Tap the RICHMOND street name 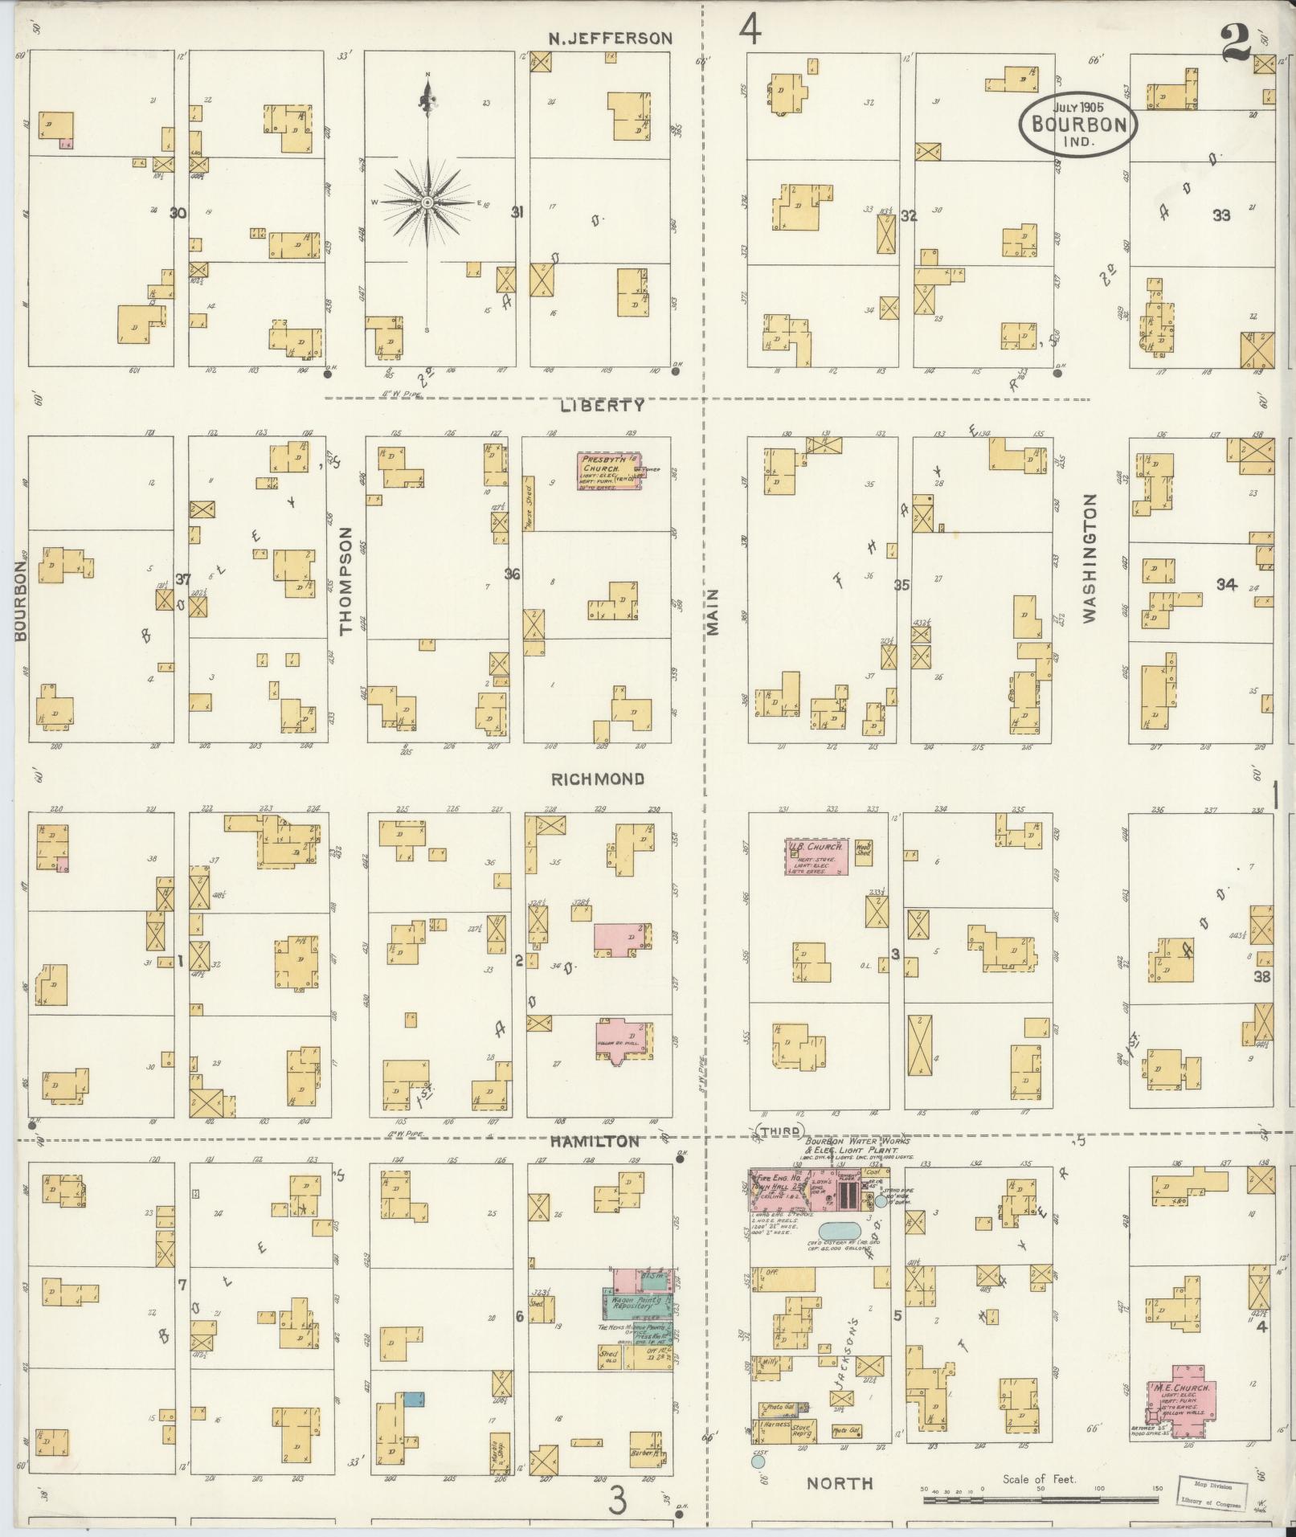[597, 779]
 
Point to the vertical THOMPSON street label [347, 580]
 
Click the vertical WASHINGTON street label [1090, 558]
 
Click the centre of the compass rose [427, 202]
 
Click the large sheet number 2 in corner [1235, 43]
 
